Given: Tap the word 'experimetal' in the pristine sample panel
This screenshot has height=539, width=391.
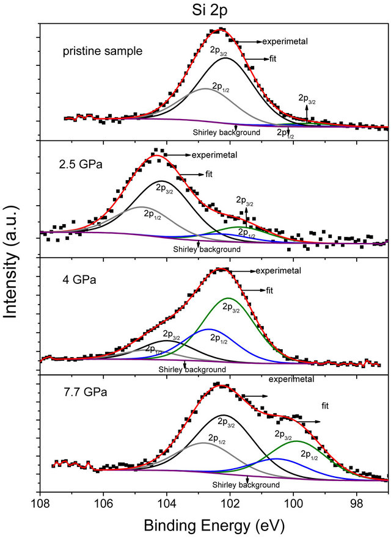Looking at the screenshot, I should [x=285, y=42].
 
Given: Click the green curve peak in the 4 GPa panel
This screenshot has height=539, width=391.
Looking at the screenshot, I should [x=228, y=298].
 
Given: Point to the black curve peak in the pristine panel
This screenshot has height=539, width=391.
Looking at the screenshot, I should [x=225, y=59].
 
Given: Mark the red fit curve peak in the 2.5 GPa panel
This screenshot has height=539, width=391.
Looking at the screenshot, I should [x=156, y=156].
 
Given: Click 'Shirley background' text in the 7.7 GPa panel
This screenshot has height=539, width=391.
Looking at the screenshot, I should [x=246, y=485].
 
